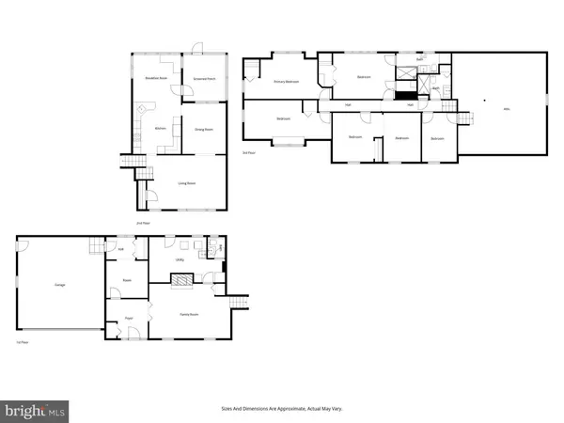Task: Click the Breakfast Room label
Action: tap(156, 79)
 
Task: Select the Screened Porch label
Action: tap(204, 79)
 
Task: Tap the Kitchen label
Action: tap(160, 126)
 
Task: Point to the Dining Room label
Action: tap(203, 129)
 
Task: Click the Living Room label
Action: tap(185, 183)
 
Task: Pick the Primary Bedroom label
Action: tap(286, 82)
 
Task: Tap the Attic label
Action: tap(507, 109)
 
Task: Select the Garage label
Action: tap(59, 283)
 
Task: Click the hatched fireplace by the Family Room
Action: tap(181, 278)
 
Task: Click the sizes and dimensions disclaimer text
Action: tap(281, 409)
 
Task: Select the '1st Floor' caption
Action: tap(21, 344)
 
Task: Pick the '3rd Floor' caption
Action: tap(249, 151)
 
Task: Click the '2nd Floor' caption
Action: tap(143, 223)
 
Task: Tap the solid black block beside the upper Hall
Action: tap(406, 95)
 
